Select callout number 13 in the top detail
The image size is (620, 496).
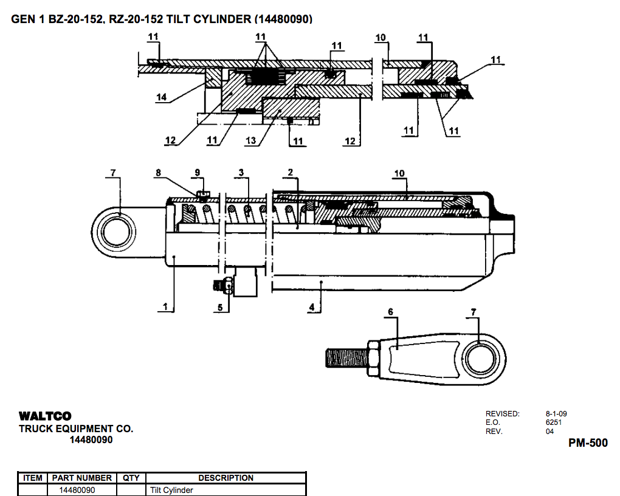pos(250,141)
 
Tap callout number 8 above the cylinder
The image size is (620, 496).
pos(158,173)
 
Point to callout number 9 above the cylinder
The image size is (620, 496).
pos(197,173)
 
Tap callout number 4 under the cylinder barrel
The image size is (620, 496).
pos(311,307)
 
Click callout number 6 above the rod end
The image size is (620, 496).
pos(390,312)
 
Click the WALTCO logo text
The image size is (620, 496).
pos(45,416)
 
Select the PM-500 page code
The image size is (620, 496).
pos(587,443)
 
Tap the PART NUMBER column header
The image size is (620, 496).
pos(81,478)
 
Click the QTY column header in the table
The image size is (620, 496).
pos(131,478)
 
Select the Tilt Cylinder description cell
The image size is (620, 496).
pos(172,490)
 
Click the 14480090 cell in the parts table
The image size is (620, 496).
pos(77,490)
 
